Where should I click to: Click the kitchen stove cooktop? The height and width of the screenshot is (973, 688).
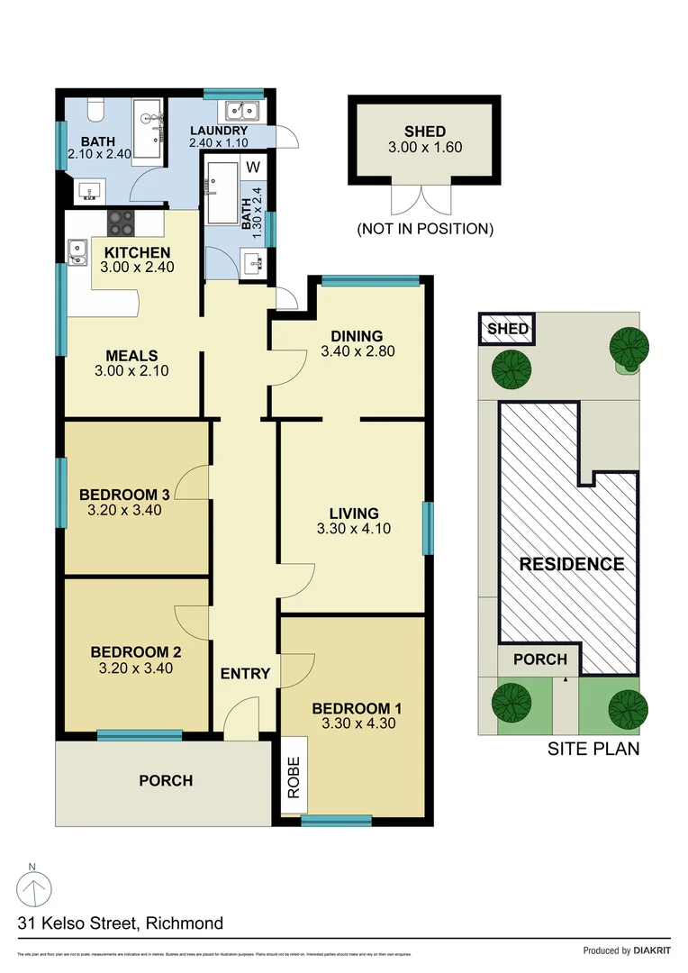coord(122,221)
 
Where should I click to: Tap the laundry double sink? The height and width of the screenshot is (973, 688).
coord(240,111)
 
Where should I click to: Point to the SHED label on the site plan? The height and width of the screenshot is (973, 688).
coord(508,329)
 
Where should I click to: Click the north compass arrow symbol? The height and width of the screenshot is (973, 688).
coord(33,891)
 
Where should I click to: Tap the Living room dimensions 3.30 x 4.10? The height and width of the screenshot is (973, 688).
coord(354,530)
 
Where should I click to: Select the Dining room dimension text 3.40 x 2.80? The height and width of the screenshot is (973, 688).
coord(358,351)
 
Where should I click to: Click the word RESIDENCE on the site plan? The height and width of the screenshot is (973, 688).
coord(572,564)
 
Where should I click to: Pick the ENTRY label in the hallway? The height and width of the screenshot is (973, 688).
coord(245,673)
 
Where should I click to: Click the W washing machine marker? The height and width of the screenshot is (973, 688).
coord(253,167)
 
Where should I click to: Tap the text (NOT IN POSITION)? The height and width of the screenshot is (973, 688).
coord(425,229)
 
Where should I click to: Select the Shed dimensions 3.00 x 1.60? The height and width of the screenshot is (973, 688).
coord(425,147)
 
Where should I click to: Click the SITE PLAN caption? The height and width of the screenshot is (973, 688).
coord(593,748)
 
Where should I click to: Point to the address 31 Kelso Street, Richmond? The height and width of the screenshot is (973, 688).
coord(121,923)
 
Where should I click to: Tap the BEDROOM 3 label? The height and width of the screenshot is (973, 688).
coord(124,494)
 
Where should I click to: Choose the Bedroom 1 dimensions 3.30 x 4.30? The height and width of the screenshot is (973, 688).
coord(358,723)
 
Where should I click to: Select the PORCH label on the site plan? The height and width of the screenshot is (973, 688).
coord(540,659)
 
